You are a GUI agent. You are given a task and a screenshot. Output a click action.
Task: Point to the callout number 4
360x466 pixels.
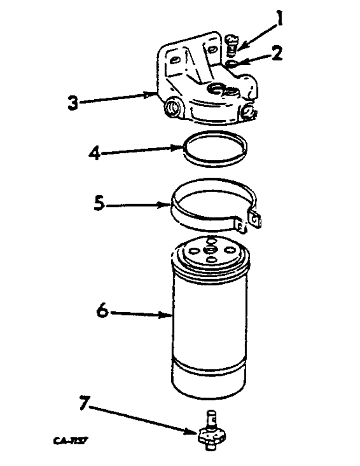[95, 154]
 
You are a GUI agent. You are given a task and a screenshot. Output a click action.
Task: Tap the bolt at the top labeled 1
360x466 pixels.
[231, 44]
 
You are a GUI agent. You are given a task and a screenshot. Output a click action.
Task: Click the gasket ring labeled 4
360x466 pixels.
[215, 148]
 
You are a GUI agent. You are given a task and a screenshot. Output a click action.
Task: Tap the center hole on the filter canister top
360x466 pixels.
[211, 250]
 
